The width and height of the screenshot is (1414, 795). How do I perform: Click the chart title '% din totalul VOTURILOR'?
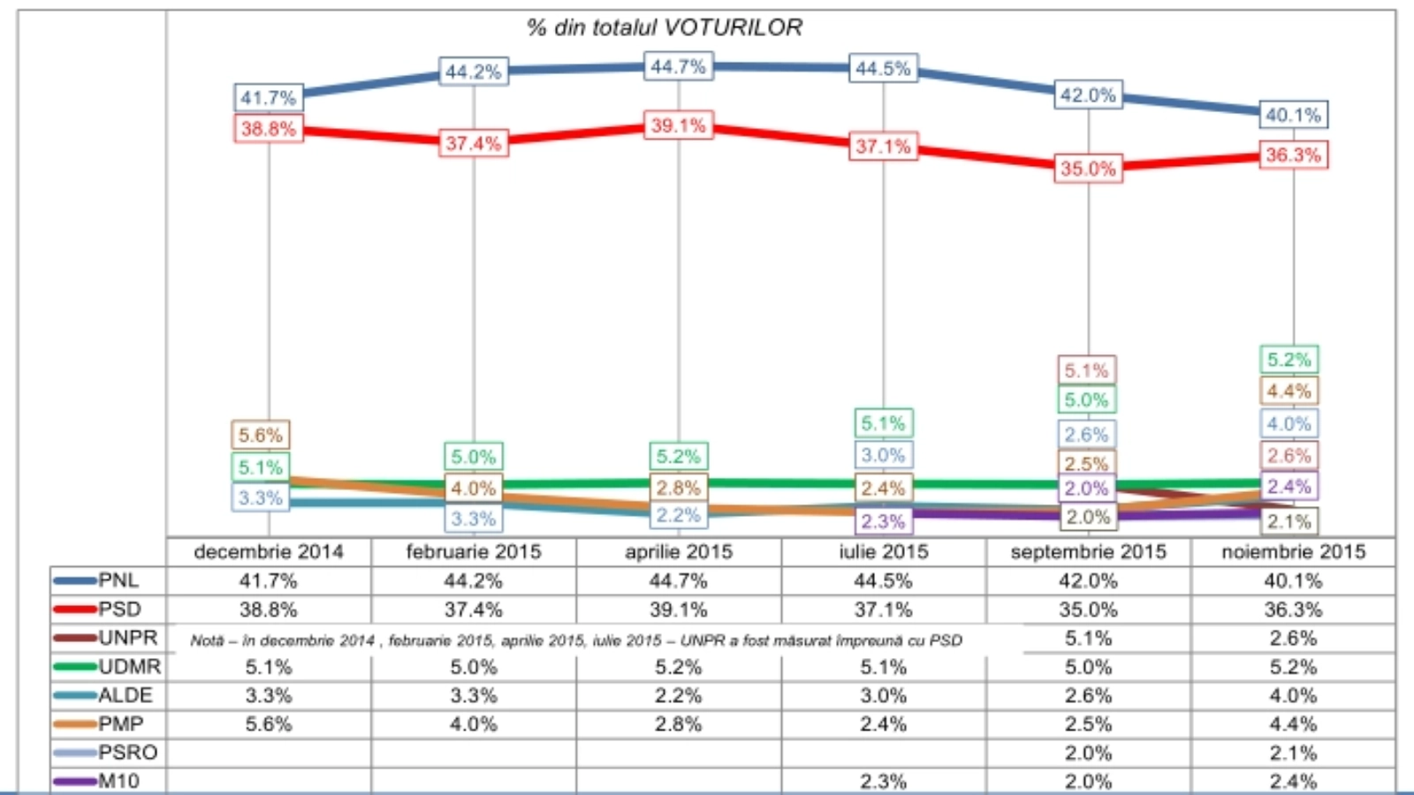[x=665, y=28]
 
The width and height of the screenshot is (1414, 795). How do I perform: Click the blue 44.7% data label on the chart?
[x=678, y=67]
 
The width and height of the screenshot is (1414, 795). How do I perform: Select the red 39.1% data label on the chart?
[x=678, y=126]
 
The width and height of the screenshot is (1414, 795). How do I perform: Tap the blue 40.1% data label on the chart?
[x=1293, y=115]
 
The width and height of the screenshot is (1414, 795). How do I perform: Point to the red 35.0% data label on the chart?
[x=1088, y=169]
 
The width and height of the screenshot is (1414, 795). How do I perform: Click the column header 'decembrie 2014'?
[x=269, y=552]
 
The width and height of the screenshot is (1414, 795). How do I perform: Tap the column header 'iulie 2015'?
[x=884, y=552]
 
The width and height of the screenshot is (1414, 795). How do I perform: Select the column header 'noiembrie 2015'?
[x=1293, y=552]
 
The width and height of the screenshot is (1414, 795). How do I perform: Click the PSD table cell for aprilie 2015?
[x=678, y=609]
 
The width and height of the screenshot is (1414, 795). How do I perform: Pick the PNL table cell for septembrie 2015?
[x=1088, y=581]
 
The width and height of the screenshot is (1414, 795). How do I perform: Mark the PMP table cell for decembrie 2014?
[x=269, y=724]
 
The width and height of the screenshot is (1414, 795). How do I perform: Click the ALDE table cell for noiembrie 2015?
[x=1293, y=695]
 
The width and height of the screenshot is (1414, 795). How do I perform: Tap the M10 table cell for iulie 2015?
[x=884, y=781]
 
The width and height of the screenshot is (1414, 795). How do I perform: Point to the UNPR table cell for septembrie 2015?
[x=1088, y=638]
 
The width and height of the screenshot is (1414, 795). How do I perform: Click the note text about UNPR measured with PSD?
[x=576, y=640]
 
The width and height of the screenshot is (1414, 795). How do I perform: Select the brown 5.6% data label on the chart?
[x=260, y=435]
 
